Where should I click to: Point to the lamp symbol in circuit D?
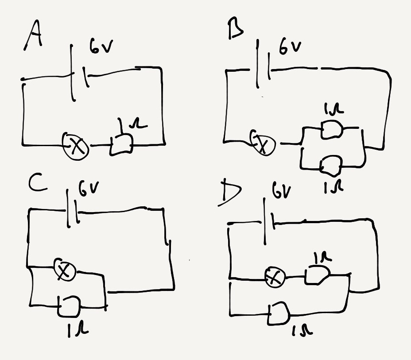click(275, 278)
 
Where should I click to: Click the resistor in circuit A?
click(121, 143)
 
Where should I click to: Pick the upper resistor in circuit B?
click(331, 130)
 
